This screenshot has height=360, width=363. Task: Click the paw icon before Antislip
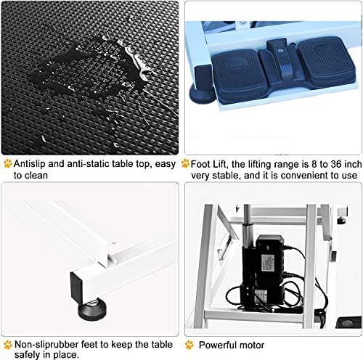[7, 163]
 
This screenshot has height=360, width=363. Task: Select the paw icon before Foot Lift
[186, 163]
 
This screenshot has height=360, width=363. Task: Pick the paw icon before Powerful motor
[189, 345]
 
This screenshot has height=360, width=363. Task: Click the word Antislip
[30, 164]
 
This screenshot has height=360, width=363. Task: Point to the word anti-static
[81, 164]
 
